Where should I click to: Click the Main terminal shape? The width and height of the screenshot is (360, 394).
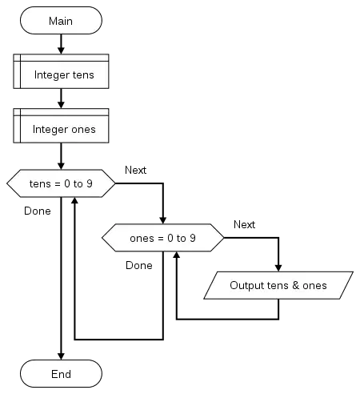coord(61,21)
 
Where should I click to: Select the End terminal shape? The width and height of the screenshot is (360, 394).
coord(61,373)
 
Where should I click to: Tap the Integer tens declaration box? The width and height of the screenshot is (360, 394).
coord(61,71)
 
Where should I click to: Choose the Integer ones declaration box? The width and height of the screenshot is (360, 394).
coord(61,126)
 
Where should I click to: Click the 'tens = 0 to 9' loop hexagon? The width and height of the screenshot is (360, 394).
coord(61,183)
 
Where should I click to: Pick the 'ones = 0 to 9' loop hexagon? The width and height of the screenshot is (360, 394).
coord(163,238)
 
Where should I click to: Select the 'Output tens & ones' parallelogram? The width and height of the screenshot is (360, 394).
coord(278,285)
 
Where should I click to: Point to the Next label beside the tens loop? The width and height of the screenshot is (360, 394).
coord(135,170)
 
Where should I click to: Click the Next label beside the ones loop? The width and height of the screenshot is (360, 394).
coord(244,224)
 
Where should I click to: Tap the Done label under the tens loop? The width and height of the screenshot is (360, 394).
coord(38,211)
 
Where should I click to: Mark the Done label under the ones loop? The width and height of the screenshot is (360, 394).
coord(139,265)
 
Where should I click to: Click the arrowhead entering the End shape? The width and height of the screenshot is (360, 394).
coord(61,356)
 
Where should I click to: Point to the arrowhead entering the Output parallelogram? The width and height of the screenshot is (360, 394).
coord(278,268)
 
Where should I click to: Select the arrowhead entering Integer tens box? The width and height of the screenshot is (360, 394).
coord(61,50)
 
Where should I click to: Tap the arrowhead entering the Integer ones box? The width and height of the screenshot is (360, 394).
coord(61,105)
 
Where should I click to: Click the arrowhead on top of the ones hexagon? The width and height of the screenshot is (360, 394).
coord(163,220)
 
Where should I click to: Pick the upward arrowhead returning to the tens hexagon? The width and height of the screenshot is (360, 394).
coord(74,201)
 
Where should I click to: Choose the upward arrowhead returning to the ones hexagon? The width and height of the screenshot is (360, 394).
coord(177,255)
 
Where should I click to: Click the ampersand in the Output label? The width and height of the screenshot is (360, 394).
coord(295,285)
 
